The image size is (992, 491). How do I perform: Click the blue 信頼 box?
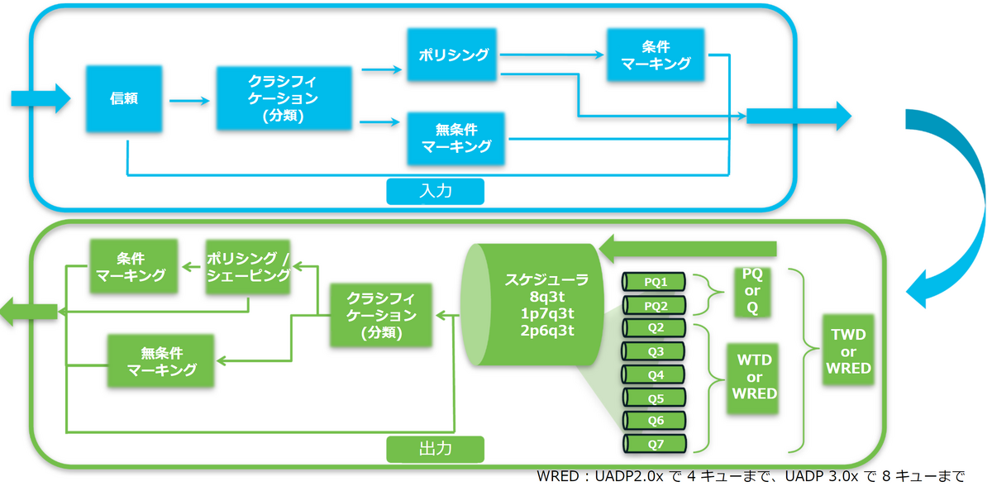pos(123,98)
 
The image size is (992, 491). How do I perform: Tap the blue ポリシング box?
pos(453,55)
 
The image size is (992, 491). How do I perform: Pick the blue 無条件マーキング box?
pos(456,138)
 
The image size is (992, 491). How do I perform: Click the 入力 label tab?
pos(435,191)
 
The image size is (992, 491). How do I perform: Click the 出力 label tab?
pos(435,449)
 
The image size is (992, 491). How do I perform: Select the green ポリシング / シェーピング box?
pos(248,267)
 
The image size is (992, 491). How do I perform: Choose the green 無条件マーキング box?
pos(161,361)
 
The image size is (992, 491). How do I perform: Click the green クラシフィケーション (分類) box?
pos(381,315)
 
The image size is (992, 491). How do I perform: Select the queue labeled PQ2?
pos(656,305)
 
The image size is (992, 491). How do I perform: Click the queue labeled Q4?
pos(656,374)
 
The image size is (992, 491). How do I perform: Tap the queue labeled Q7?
pos(656,444)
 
